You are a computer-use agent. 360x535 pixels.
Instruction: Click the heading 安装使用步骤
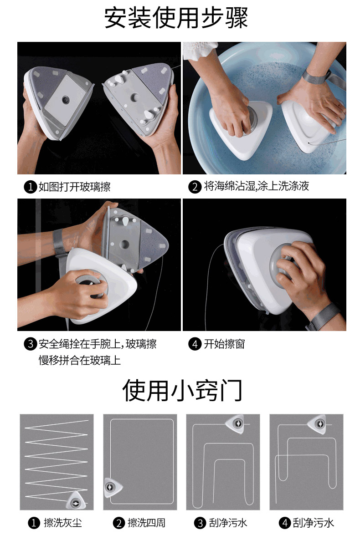[176, 18]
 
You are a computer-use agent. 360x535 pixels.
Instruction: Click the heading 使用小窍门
[182, 390]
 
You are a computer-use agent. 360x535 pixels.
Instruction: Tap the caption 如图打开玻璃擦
[74, 187]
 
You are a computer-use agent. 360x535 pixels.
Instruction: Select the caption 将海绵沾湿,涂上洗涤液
[257, 186]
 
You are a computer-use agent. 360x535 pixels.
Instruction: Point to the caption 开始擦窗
[224, 344]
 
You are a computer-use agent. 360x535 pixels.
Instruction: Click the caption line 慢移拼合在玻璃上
[80, 360]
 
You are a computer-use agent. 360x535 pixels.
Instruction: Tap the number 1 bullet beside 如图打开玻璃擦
[31, 187]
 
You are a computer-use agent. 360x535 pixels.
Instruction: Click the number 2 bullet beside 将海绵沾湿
[195, 187]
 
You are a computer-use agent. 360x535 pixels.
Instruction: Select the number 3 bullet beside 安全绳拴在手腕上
[31, 344]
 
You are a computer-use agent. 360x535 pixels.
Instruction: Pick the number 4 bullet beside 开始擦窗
[195, 344]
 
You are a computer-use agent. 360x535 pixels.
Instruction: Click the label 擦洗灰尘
[63, 523]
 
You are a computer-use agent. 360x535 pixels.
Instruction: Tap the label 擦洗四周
[146, 523]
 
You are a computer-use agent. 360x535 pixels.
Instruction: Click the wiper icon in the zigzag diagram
[75, 500]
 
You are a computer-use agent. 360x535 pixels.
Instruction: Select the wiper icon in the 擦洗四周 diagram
[112, 488]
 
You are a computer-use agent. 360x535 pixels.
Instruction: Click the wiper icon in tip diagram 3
[236, 424]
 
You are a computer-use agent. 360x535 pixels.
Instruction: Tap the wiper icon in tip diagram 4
[318, 424]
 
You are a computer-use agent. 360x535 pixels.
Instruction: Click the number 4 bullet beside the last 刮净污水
[285, 523]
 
